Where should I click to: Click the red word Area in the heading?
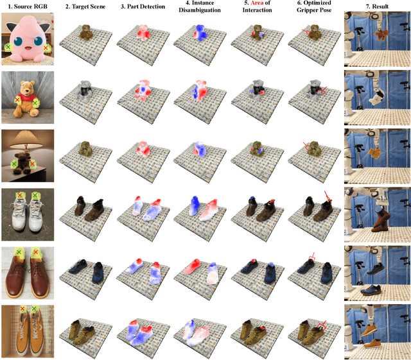coord(257,3)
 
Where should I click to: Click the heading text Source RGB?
coord(31,6)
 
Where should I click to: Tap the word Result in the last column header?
coord(380,6)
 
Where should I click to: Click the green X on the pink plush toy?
coord(8,47)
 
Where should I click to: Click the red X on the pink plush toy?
coord(46,47)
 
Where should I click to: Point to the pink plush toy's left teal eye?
coord(18,42)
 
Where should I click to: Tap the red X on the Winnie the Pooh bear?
coord(17,100)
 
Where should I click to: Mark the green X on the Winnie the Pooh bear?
coord(35,103)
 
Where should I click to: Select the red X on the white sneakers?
coord(20,195)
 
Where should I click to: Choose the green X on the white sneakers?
coord(35,195)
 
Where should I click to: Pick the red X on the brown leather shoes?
coord(36,252)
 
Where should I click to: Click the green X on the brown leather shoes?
coord(19,252)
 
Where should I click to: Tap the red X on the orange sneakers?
coord(22,309)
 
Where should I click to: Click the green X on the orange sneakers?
coord(34,309)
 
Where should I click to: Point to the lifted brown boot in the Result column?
coord(380,219)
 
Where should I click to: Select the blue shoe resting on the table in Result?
coord(371,291)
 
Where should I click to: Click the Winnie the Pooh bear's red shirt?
coord(26,98)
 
